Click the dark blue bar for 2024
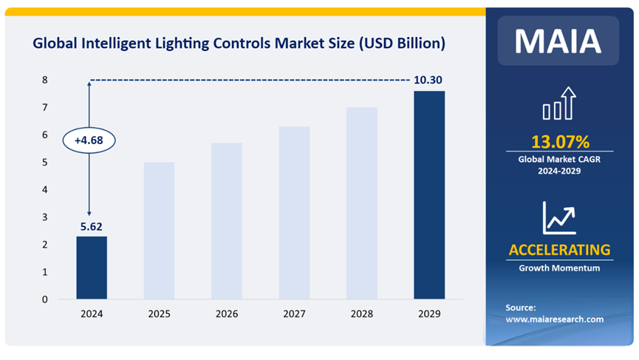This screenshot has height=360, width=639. click(x=92, y=268)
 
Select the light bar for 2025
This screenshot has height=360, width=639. click(x=159, y=231)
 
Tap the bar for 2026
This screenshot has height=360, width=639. click(x=227, y=221)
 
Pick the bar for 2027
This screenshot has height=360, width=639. click(x=294, y=213)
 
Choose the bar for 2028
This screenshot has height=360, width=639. click(x=362, y=203)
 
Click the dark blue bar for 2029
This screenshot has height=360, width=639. click(x=429, y=195)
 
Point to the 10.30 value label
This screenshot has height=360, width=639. click(x=428, y=79)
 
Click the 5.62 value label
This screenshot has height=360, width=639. click(x=91, y=227)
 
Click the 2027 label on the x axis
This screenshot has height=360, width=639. click(x=294, y=314)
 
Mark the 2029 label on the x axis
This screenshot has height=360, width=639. click(x=429, y=314)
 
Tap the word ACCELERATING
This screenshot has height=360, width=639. click(x=559, y=249)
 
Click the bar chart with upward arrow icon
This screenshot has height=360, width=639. click(x=559, y=103)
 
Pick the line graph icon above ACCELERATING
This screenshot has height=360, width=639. click(x=559, y=217)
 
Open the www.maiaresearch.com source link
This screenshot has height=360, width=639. click(x=554, y=319)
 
